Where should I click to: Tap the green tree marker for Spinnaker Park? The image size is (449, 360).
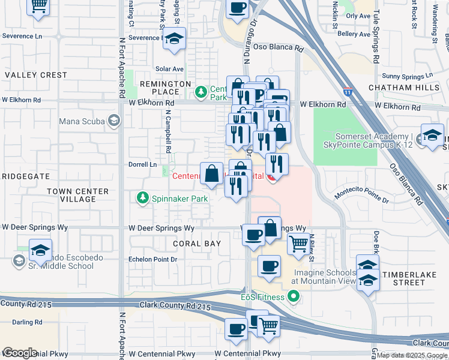click(142, 198)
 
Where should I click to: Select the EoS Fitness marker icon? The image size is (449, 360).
click(293, 295)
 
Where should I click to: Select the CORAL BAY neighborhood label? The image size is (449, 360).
click(197, 244)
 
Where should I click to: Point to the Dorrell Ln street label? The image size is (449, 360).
click(142, 164)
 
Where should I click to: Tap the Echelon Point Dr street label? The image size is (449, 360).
click(153, 260)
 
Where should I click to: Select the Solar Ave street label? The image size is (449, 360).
click(169, 69)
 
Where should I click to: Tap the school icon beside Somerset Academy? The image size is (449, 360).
click(432, 136)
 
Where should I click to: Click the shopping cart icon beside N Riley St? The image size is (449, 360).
click(298, 244)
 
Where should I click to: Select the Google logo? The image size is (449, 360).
click(19, 353)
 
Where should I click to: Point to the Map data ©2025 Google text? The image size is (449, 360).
click(412, 355)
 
